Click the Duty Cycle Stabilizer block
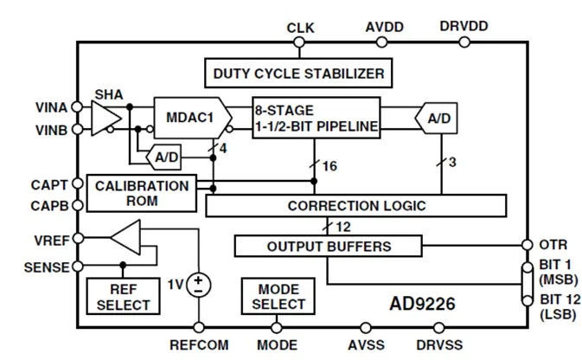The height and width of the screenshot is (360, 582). coord(298,74)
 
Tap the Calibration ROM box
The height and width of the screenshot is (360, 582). coord(142,193)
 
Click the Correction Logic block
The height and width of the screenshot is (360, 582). coord(356,205)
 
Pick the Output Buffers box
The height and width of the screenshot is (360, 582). coord(329,246)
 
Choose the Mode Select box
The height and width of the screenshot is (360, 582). coord(278,297)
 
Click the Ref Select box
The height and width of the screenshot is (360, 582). coord(123,297)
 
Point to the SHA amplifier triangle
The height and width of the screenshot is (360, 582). coord(106,119)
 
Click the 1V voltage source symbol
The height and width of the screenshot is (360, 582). coord(199,286)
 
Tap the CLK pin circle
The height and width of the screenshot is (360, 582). coord(299,42)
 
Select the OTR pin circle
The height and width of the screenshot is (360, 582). coord(527,245)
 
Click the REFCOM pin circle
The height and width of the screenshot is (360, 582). coord(199,327)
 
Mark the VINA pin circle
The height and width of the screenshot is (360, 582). coord(77,107)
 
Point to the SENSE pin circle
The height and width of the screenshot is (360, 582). coord(78,266)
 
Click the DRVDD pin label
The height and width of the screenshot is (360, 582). coord(464,26)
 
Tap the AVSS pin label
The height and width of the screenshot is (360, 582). coord(366,345)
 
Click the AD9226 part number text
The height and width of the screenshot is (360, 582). coord(422,304)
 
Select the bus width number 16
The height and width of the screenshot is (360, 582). coord(329,166)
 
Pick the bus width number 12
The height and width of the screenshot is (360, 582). coord(343,227)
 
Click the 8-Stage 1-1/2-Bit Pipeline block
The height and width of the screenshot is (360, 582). coord(317,118)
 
